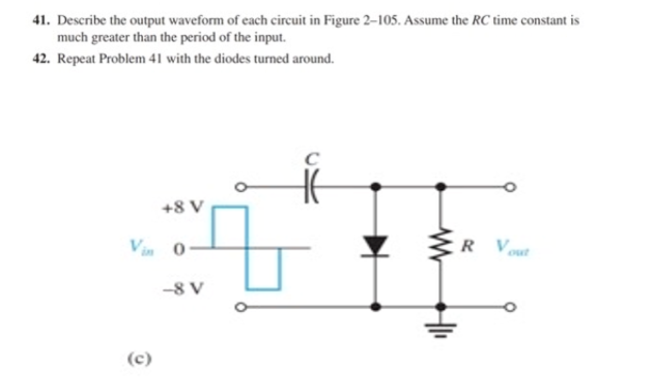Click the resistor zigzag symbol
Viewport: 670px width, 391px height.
(441, 245)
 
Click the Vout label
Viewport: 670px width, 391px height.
(512, 246)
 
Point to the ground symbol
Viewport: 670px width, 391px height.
(441, 328)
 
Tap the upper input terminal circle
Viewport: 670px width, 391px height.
(240, 187)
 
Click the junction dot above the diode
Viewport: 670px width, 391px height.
(374, 187)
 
